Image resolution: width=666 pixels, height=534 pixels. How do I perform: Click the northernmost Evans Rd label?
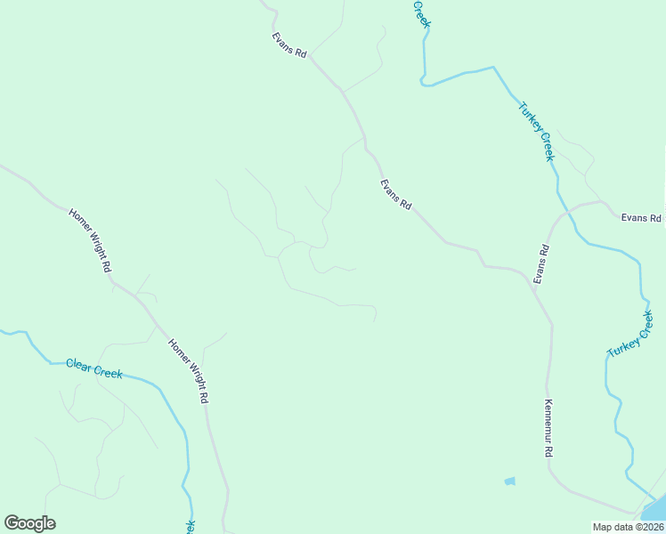click(289, 45)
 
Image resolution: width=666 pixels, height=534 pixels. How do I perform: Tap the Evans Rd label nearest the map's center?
click(395, 195)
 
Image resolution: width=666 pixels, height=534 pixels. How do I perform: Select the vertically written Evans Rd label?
click(541, 264)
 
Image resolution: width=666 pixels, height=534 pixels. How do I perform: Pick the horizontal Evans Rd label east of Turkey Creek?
click(641, 218)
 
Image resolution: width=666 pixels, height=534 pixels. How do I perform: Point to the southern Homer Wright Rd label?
click(189, 370)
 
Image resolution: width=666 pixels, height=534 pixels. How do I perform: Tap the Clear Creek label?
click(94, 368)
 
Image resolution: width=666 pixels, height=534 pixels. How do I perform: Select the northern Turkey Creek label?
click(536, 132)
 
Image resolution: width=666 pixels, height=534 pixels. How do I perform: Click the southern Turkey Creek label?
click(630, 335)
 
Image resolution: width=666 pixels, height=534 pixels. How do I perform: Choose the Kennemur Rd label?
click(549, 428)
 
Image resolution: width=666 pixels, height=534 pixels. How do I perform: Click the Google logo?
click(29, 523)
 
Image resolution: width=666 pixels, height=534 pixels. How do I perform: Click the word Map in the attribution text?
click(602, 527)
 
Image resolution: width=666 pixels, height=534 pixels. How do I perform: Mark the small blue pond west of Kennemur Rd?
click(509, 481)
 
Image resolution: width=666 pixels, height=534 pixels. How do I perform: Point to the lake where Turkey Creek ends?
click(654, 511)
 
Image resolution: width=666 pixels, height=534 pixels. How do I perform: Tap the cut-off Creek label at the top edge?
click(421, 12)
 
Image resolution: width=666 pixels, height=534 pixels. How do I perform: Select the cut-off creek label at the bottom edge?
click(190, 527)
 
